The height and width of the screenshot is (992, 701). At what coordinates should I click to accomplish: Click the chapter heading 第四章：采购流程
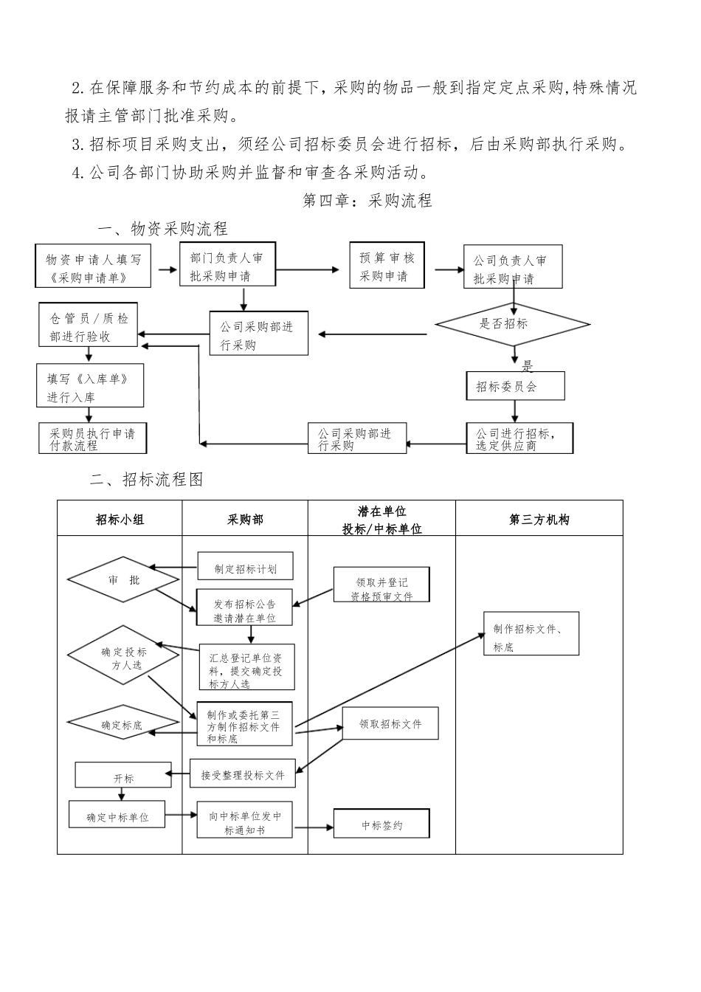367,201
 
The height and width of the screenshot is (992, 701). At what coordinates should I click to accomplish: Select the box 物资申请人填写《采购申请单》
93,266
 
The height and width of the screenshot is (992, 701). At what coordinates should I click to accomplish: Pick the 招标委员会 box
515,386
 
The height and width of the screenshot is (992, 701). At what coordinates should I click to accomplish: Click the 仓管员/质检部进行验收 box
89,327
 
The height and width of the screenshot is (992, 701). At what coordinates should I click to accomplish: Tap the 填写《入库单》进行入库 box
91,386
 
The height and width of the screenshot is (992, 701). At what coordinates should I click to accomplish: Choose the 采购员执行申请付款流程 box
93,438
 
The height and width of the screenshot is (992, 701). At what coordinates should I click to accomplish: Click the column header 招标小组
120,519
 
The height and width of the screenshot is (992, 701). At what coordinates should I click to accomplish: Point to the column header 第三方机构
539,519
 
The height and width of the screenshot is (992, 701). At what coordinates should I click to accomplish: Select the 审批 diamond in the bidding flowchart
123,580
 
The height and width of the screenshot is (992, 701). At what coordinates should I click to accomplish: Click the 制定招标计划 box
245,568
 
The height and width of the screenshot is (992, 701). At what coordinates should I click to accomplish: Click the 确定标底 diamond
123,724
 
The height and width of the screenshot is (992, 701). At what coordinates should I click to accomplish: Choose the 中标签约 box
381,824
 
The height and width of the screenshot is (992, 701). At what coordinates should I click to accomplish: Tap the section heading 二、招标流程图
146,480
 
